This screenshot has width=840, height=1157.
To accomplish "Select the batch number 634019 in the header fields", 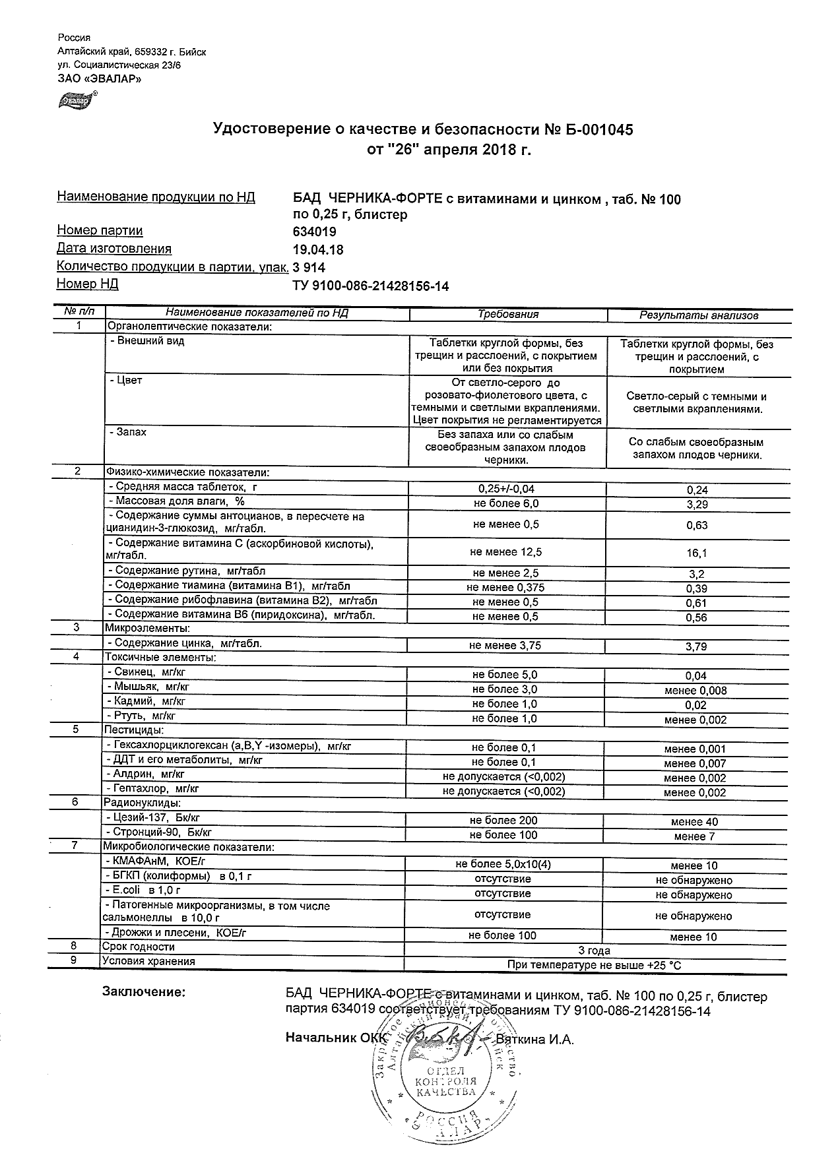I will click(x=314, y=232).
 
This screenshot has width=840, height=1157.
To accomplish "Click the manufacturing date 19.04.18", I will click(x=317, y=250).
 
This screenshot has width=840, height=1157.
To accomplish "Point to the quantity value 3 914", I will click(x=309, y=268).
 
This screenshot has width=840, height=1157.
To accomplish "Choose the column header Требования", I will click(x=508, y=315).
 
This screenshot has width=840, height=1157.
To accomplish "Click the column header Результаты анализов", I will click(x=699, y=315).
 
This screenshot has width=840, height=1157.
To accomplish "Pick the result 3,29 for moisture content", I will click(x=697, y=505).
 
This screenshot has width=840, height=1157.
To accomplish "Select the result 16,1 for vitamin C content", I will click(x=697, y=553).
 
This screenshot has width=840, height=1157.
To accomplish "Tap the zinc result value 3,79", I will click(x=697, y=646).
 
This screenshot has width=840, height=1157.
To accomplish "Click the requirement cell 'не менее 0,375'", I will click(x=505, y=588).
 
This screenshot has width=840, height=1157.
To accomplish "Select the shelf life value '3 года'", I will click(x=594, y=951).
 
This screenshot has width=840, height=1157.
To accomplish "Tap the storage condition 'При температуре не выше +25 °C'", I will click(x=594, y=965).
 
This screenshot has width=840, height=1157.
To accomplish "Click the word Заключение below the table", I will click(x=144, y=992).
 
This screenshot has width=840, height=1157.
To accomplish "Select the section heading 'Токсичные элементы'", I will click(x=160, y=657).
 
